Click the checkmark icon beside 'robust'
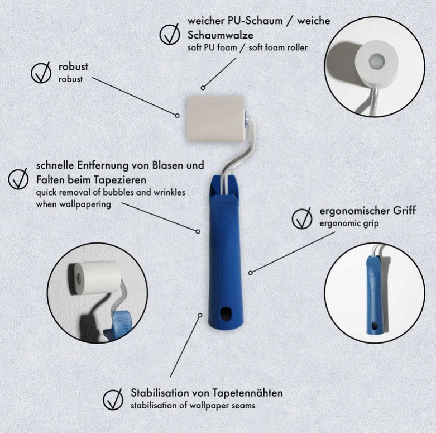coord(41,73)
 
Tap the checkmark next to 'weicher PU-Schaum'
coord(170,34)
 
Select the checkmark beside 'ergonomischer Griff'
coord(302,218)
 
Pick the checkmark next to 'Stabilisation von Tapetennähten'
coord(113,399)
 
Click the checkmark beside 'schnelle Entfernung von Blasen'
coord(18,179)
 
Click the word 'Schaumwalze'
coord(220,35)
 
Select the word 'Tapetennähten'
coord(248,393)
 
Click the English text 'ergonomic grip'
coord(349,223)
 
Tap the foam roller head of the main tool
coord(216,119)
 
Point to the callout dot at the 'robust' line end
coord(177,115)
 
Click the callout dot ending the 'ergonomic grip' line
coord(250,273)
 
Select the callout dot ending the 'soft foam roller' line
coord(203,88)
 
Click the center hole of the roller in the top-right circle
coord(377,60)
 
